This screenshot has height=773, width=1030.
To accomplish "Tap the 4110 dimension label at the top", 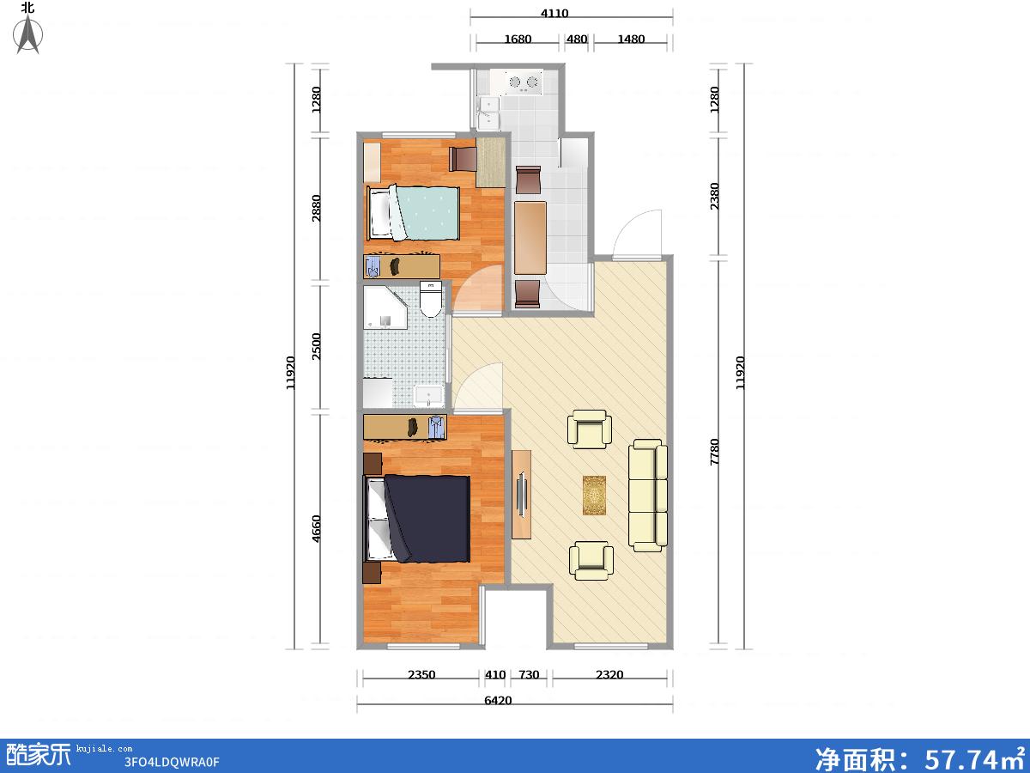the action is click(554, 13).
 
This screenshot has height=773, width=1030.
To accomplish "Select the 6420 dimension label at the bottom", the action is click(498, 700).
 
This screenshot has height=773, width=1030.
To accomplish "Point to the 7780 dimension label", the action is click(714, 452).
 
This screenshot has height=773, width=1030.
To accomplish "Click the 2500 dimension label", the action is click(316, 346).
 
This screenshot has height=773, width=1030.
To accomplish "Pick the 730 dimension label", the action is click(529, 674).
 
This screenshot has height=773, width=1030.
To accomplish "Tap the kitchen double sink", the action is click(488, 113).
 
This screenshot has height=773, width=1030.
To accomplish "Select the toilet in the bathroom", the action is click(430, 300).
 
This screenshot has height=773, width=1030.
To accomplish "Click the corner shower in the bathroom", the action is click(385, 307).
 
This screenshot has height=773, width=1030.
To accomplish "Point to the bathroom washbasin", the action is click(429, 396).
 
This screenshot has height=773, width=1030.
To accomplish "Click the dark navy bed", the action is click(417, 519).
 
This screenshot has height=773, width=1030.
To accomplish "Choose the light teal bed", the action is click(413, 213).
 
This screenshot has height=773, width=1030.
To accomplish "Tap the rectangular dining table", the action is click(530, 238).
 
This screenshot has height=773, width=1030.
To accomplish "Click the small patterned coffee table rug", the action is click(594, 496).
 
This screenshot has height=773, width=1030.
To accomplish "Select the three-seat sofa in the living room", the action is click(648, 496).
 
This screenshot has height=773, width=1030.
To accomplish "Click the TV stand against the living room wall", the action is click(521, 495).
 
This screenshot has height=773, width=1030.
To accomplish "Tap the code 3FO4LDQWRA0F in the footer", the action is click(172, 762).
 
